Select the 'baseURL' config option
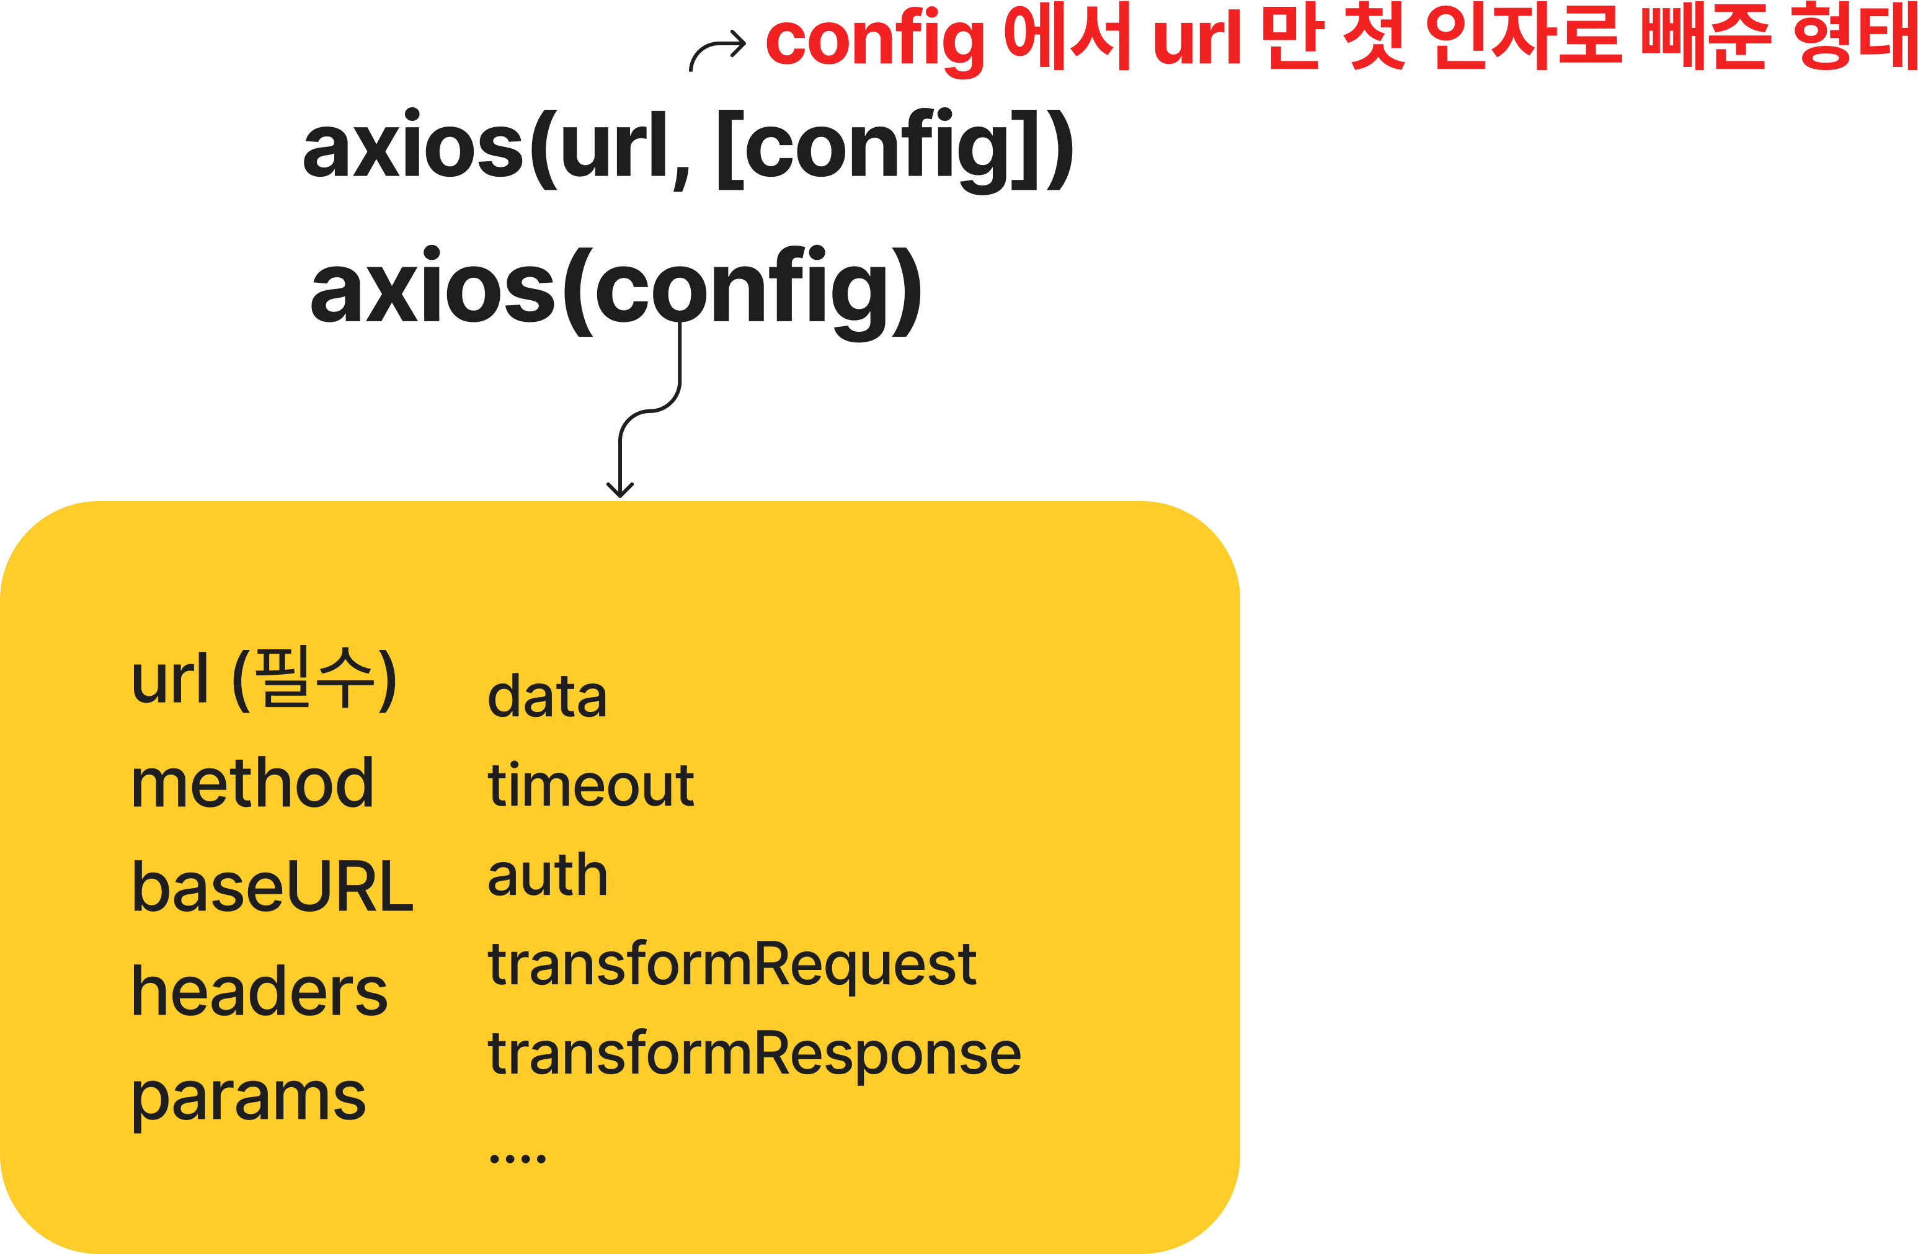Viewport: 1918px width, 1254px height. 272,886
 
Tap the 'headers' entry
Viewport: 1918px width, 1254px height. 259,990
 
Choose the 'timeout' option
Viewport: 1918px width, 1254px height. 591,785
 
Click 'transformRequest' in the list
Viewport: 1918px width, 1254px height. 732,966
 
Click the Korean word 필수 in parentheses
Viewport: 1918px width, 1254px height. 314,677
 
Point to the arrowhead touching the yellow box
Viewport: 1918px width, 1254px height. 619,491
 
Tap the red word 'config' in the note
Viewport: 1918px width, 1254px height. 875,40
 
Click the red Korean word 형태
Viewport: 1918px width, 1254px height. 1854,36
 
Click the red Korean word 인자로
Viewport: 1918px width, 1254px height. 1523,36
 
